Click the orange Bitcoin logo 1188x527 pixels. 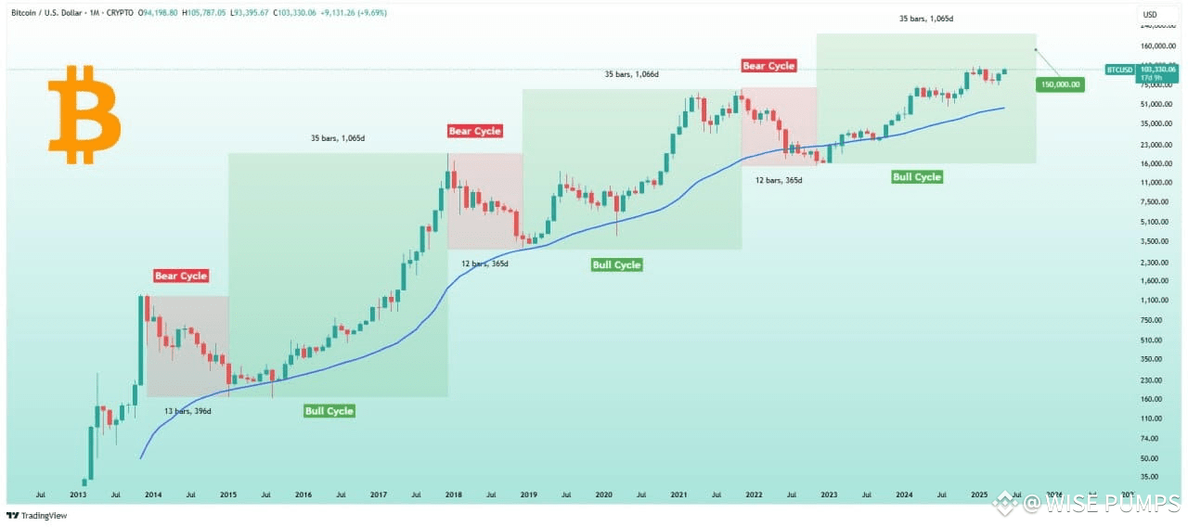(x=84, y=114)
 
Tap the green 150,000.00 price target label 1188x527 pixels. (x=1059, y=84)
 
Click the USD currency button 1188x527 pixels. (x=1150, y=14)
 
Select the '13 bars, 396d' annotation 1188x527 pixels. (x=187, y=411)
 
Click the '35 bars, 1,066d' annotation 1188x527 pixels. (x=631, y=74)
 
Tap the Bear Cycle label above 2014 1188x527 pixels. (x=181, y=276)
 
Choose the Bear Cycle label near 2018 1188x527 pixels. (x=474, y=132)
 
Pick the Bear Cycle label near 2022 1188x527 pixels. (x=768, y=66)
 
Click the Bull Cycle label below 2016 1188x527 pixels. (x=329, y=411)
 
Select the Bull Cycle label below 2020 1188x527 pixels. (x=616, y=265)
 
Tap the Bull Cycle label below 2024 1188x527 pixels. (x=916, y=177)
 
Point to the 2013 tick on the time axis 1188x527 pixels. (x=78, y=495)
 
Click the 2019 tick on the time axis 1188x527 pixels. (x=527, y=495)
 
